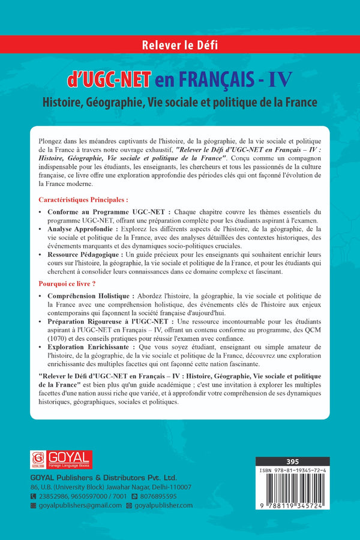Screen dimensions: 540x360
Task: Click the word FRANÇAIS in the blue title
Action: [211, 79]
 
